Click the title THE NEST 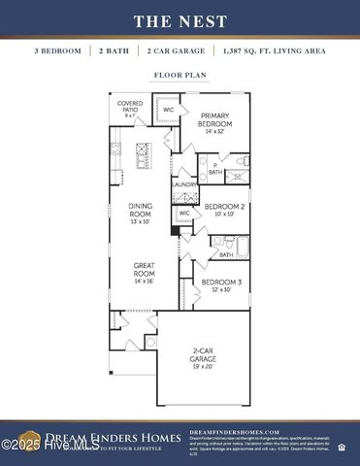tap(180, 20)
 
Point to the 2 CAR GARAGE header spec tap(176, 50)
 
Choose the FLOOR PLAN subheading tap(180, 74)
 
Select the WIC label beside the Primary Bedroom tap(169, 111)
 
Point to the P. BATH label tap(214, 169)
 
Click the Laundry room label tap(184, 184)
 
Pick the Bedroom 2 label tap(223, 211)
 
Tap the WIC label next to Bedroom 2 tap(184, 213)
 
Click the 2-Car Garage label tap(203, 358)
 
